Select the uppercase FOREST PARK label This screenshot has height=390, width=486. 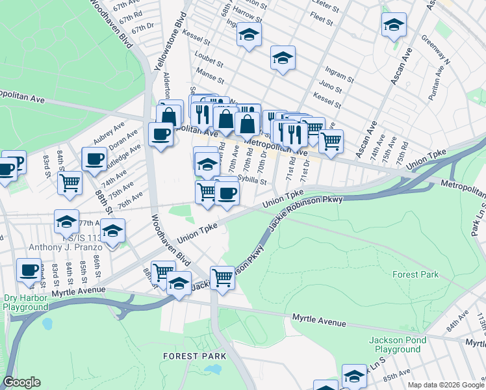click(194, 356)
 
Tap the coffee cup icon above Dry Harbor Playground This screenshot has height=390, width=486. click(29, 270)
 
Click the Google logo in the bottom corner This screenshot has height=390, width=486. click(22, 382)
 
